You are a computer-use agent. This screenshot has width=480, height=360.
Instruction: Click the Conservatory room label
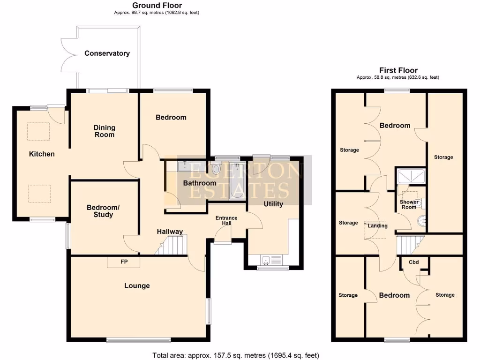[107, 53]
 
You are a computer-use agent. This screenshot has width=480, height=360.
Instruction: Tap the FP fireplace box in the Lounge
[124, 262]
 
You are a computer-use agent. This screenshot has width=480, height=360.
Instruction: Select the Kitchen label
[42, 154]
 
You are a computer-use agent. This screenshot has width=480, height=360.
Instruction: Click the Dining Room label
[104, 131]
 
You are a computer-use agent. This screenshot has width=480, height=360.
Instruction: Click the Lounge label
[137, 285]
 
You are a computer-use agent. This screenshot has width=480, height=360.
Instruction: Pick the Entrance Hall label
[226, 221]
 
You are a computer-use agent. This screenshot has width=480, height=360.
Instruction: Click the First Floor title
[398, 70]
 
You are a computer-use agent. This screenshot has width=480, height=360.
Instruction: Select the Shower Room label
[409, 204]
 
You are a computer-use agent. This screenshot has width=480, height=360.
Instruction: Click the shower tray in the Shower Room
[411, 176]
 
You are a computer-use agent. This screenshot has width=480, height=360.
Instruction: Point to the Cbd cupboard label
[413, 262]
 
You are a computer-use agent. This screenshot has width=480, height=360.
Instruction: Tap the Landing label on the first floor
[377, 225]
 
